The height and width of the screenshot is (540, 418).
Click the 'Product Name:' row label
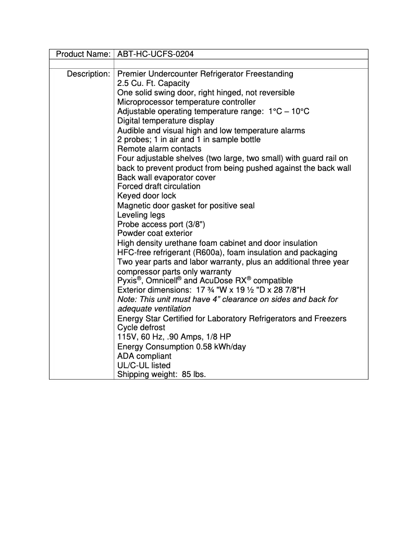coord(83,54)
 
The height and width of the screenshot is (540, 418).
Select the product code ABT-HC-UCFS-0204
coord(156,54)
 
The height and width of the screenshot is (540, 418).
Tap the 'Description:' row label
coord(88,74)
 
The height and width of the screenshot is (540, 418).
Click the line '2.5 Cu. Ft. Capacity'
coord(153,83)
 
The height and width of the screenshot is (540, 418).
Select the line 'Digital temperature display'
coord(165,121)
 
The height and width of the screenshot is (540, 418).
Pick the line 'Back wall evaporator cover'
coord(166,177)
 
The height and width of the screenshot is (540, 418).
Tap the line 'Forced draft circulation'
coord(158,186)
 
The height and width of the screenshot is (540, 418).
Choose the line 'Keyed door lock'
coord(146,196)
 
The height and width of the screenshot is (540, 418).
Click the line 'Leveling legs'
coord(141,215)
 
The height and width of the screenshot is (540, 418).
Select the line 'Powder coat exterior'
coord(155,234)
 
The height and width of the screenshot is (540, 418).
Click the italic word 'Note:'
coord(127,299)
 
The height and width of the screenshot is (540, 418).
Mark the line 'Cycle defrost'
coord(141,328)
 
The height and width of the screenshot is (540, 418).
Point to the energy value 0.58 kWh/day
coord(217,347)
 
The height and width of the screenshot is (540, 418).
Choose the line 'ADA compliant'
coord(144,356)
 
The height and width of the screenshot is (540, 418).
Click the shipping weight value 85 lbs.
coord(193,375)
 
